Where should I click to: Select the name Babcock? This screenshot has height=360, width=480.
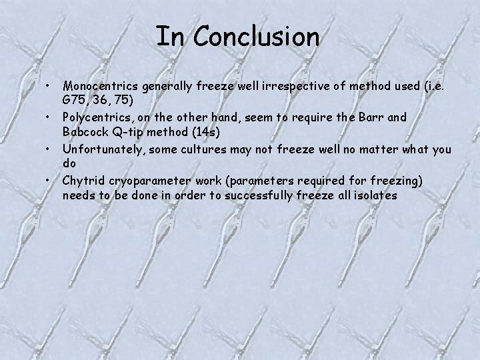tap(87, 131)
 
